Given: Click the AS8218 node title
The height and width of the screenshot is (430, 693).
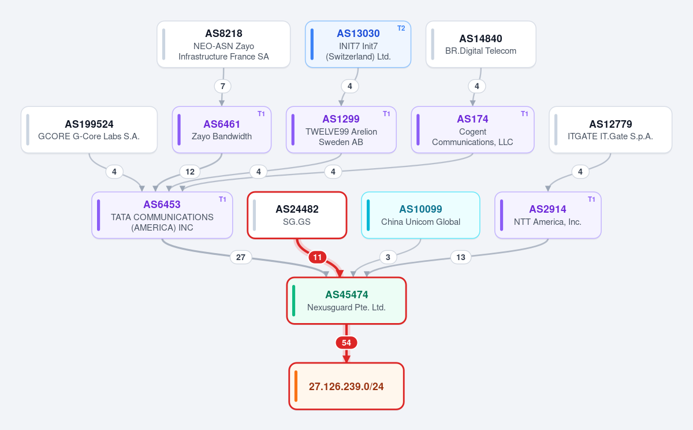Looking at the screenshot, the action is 223,34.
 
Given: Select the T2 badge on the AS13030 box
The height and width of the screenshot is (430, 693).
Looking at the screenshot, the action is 401,28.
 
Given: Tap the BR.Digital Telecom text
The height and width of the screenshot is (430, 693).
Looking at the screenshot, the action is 480,51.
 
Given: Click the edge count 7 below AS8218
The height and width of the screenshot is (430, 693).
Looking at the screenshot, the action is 223,86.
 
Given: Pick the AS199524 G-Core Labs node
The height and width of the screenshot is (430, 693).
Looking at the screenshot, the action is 89,129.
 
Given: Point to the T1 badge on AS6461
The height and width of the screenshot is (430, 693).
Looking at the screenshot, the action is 261,114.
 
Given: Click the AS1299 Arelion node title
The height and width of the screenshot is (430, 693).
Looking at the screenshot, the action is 341,119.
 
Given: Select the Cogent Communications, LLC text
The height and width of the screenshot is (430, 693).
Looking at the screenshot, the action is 472,137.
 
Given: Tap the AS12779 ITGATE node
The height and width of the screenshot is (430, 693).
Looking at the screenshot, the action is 610,129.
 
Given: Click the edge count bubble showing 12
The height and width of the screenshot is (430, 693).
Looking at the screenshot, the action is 190,172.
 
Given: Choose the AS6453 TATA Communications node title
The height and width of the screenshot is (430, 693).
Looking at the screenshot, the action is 162,205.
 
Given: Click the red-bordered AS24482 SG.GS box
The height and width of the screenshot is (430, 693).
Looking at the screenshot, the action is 297,215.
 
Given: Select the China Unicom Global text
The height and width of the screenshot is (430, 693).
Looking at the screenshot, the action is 421,222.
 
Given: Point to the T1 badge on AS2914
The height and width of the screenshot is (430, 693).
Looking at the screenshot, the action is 591,199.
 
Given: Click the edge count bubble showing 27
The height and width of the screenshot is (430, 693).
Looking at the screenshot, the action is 241,257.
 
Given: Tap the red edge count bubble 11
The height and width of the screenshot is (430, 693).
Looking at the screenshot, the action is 318,257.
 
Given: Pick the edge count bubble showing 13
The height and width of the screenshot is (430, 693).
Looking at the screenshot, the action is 461,257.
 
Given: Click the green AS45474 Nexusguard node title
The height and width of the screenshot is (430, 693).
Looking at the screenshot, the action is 346,295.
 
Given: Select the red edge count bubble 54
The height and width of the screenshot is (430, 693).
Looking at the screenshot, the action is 346,343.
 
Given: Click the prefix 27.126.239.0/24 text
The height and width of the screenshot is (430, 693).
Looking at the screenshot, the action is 346,386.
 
